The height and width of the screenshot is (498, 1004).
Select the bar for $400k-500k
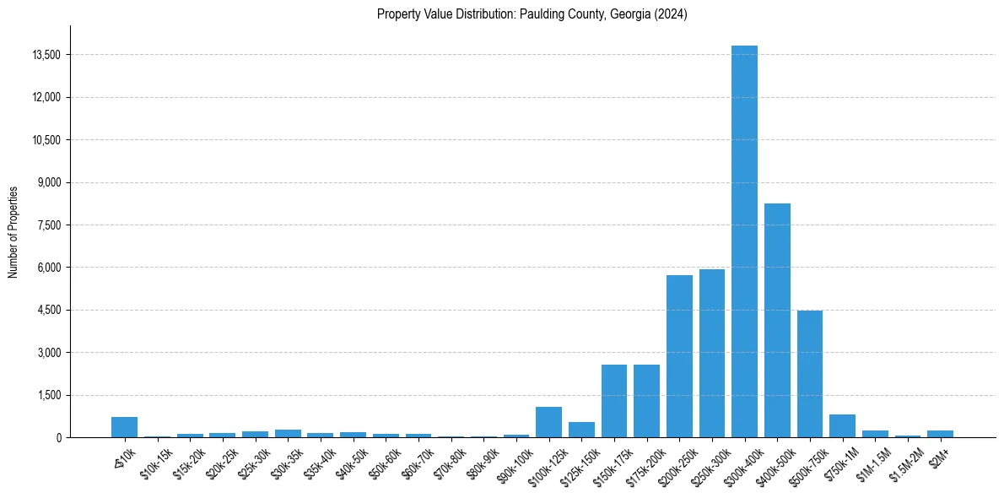[777, 321]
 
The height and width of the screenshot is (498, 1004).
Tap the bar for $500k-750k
[810, 374]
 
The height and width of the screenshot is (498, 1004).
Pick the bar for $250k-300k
[712, 354]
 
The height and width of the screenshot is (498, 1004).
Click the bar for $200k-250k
[679, 356]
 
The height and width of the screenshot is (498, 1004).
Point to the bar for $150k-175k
[614, 401]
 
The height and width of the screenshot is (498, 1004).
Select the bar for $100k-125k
[548, 422]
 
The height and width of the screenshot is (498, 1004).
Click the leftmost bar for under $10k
[124, 427]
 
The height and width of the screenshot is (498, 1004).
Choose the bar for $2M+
[940, 434]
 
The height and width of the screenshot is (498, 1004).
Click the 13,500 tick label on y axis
[46, 55]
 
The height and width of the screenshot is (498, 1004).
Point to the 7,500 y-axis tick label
[50, 225]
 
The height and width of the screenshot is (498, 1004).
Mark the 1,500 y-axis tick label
[50, 395]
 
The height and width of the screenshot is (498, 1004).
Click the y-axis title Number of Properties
[13, 231]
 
